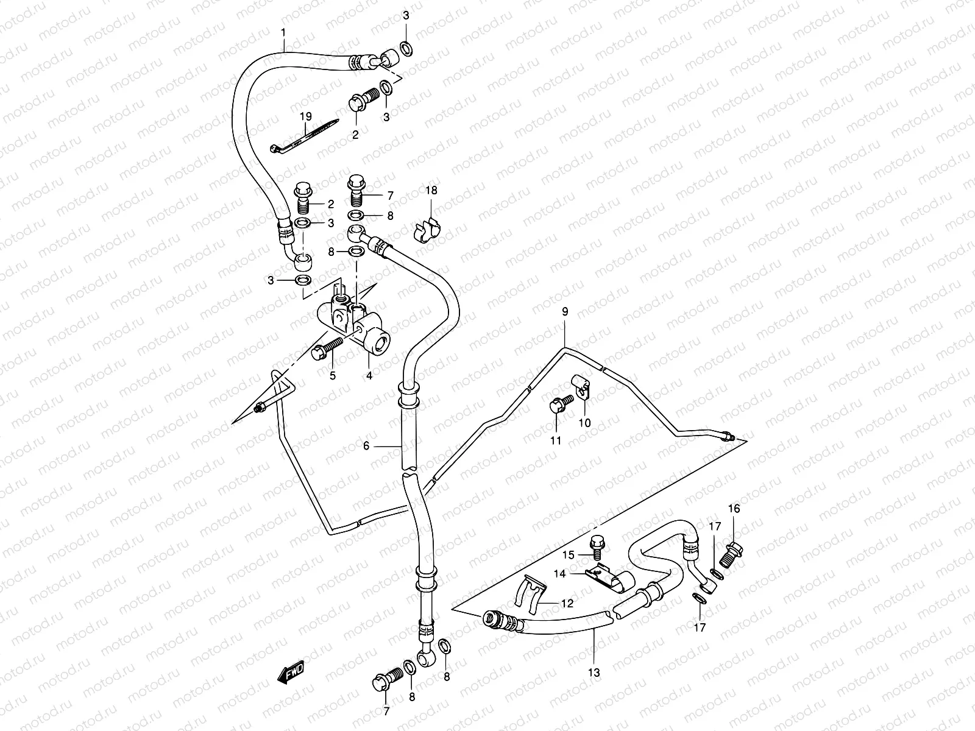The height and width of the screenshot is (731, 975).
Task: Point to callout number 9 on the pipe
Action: [565, 311]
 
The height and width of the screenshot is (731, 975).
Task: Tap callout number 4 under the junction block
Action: [369, 376]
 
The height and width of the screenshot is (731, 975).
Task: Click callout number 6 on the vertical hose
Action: [366, 446]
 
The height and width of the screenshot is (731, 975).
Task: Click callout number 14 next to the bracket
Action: [560, 573]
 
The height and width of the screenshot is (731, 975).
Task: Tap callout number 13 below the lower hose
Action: [594, 673]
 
